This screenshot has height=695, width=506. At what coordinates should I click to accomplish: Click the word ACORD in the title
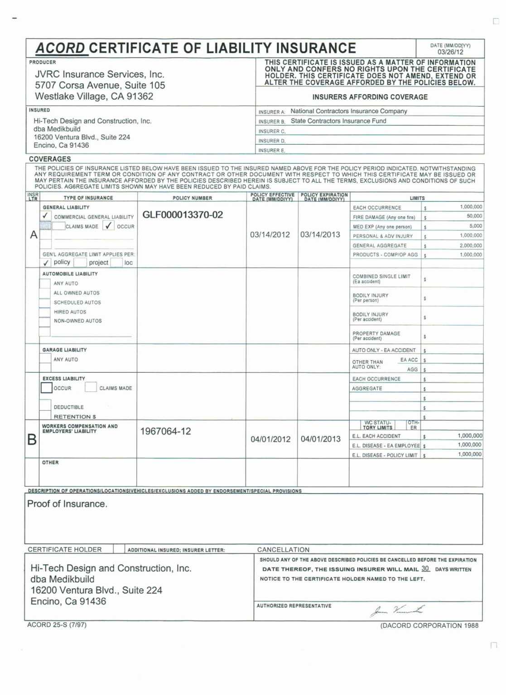point(61,48)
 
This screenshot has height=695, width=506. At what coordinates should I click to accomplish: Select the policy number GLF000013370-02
point(183,215)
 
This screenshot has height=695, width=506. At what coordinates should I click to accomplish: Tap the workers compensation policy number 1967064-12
point(165,431)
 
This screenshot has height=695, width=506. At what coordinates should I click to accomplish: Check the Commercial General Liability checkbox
point(46,216)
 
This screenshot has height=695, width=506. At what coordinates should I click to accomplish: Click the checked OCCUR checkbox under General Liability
point(108,226)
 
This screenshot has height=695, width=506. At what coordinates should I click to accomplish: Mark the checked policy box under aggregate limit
point(46,262)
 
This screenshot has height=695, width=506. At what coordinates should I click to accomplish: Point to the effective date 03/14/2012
point(270,234)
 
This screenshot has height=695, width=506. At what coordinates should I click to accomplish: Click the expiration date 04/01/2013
point(320,439)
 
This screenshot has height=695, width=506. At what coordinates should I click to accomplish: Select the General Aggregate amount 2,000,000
point(471,245)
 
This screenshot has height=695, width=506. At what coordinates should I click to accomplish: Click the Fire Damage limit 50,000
point(474,216)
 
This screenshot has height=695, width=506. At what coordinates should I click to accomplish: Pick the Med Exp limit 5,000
point(476,226)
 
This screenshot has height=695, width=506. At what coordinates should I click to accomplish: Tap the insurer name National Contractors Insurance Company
point(348,111)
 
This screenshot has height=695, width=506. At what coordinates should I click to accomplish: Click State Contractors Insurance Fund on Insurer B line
point(338,121)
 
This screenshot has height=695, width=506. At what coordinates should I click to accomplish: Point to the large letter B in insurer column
point(32,439)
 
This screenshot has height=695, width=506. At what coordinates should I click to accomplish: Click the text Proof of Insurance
point(67,504)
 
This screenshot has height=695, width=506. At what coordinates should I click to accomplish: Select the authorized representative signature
point(397,610)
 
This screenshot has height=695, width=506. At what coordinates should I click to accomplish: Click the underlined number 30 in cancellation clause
point(425,569)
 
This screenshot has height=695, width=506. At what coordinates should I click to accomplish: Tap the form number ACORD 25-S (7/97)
point(57,625)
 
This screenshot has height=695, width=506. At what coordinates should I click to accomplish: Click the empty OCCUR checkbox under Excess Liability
point(46,388)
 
